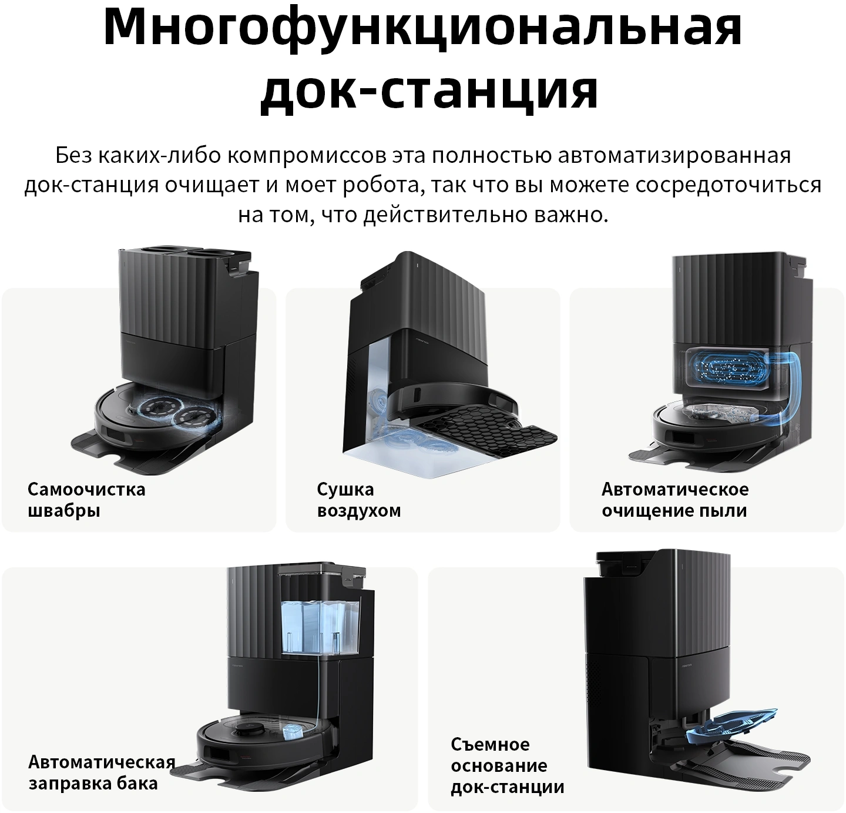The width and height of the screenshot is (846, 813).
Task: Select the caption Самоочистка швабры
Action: [x=86, y=500]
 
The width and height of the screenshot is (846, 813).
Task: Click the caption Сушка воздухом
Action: [x=358, y=500]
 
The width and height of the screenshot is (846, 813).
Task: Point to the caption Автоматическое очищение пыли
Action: [x=675, y=500]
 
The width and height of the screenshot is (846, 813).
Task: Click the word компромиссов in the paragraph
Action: [x=307, y=155]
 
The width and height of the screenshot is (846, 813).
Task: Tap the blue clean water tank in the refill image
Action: [x=321, y=627]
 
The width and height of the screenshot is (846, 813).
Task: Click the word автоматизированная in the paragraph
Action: [x=674, y=155]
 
